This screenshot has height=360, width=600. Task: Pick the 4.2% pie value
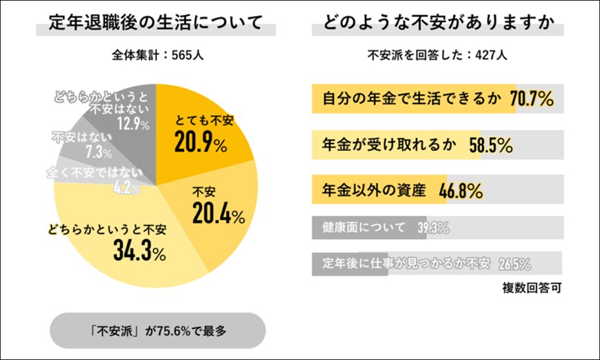tap(127, 186)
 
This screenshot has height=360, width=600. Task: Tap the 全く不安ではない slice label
tap(94, 171)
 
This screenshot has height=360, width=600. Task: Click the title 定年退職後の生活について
tap(155, 23)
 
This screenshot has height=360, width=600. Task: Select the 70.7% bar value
tap(532, 99)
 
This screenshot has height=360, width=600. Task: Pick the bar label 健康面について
tap(363, 228)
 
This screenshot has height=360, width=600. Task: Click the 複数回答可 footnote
tap(531, 288)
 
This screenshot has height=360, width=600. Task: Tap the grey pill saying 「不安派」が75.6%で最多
tap(158, 330)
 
